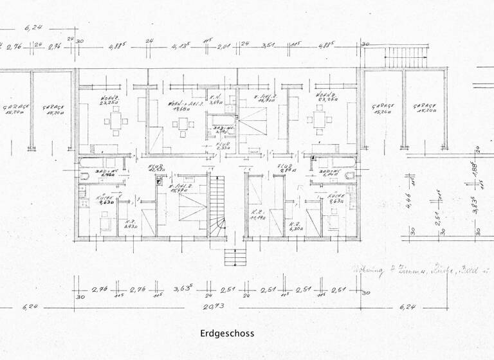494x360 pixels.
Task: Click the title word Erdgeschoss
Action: click(x=227, y=334)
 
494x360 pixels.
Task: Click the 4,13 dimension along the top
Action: click(x=181, y=46)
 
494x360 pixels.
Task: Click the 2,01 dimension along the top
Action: click(x=224, y=46)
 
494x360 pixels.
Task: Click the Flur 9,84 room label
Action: click(x=286, y=168)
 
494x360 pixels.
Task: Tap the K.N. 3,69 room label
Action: click(x=217, y=100)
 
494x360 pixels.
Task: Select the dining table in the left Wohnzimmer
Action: click(x=116, y=120)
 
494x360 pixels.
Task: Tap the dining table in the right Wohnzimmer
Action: click(x=320, y=118)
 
